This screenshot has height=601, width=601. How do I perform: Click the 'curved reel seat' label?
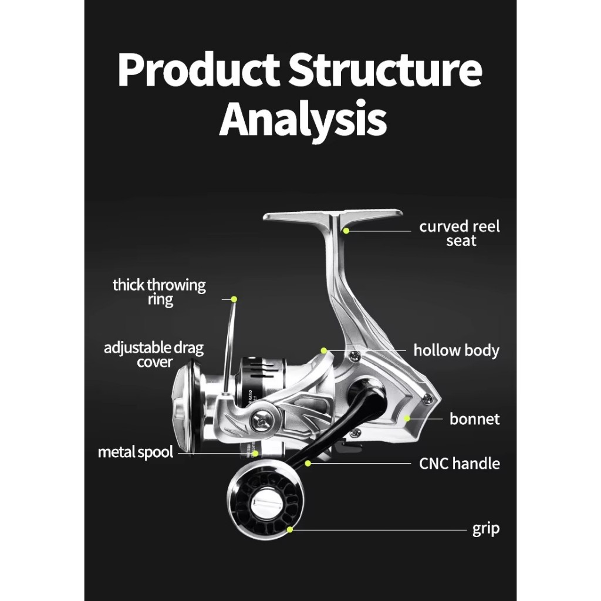pos(460,234)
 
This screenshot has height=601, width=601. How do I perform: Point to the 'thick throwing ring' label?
pos(160,292)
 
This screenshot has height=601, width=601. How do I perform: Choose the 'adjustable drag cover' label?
pos(154,355)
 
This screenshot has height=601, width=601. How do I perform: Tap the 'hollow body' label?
pos(456,351)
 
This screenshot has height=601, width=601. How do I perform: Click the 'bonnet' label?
pos(474,419)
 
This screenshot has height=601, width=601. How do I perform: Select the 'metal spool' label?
pos(136,453)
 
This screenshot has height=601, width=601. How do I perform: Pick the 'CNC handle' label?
pos(459,464)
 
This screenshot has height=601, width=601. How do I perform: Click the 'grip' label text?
pos(486,529)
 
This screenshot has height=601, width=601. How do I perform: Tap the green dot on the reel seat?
pos(346,231)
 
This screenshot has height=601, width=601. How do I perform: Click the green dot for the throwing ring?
pos(234,299)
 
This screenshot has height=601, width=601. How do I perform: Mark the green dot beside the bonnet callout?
pos(407,418)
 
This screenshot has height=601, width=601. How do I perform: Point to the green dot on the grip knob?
pos(290,529)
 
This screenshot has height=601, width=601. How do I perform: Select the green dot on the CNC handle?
pos(308,464)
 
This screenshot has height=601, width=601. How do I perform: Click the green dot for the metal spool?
pos(255,453)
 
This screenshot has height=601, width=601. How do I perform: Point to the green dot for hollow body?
pos(323,351)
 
